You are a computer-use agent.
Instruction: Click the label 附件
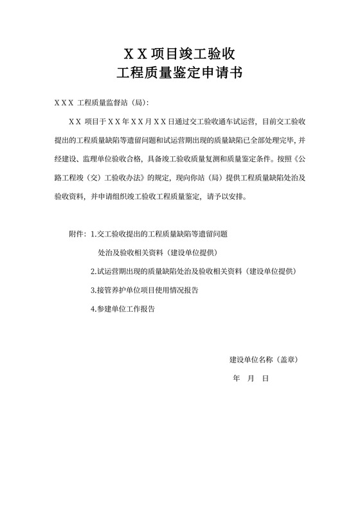click(76, 235)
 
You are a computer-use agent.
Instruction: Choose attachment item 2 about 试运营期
click(194, 271)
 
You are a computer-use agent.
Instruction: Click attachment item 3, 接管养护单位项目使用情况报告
click(145, 290)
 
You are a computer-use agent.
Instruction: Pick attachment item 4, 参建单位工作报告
click(123, 308)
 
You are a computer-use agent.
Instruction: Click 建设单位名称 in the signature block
click(251, 360)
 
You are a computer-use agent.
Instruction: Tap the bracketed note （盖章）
click(286, 360)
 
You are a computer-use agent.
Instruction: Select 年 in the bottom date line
click(236, 379)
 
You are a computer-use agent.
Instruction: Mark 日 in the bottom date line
click(265, 379)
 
